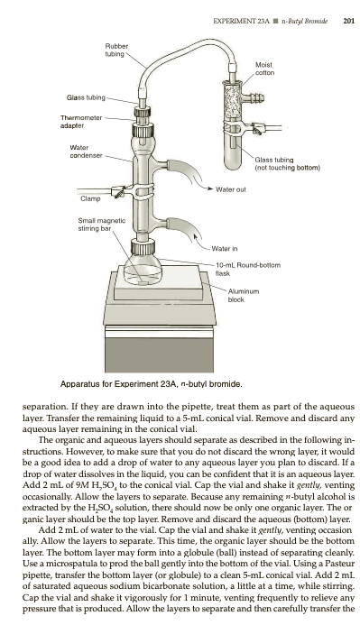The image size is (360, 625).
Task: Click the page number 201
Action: [x=348, y=21]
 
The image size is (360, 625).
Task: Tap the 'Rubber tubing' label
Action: [x=116, y=50]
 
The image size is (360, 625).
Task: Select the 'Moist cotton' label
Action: [x=264, y=69]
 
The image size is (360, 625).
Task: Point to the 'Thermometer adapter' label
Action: [x=81, y=122]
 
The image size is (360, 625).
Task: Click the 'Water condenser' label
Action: [x=86, y=152]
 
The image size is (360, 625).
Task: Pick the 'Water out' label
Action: [x=231, y=189]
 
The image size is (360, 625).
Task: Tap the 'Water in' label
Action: [x=225, y=249]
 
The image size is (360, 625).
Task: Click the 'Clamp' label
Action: [x=90, y=198]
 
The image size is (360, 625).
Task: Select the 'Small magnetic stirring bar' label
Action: [x=101, y=225]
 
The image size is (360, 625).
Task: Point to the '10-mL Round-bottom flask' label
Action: [x=248, y=269]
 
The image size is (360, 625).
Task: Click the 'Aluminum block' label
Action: [x=244, y=295]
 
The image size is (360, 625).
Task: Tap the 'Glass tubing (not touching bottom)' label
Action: [x=287, y=164]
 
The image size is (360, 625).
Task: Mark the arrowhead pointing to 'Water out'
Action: [x=210, y=188]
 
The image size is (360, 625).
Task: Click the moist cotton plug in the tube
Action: [x=232, y=102]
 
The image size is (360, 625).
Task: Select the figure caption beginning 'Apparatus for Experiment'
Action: [x=151, y=384]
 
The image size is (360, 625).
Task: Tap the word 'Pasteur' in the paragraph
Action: [x=341, y=564]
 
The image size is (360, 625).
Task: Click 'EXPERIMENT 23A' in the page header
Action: [x=241, y=21]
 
